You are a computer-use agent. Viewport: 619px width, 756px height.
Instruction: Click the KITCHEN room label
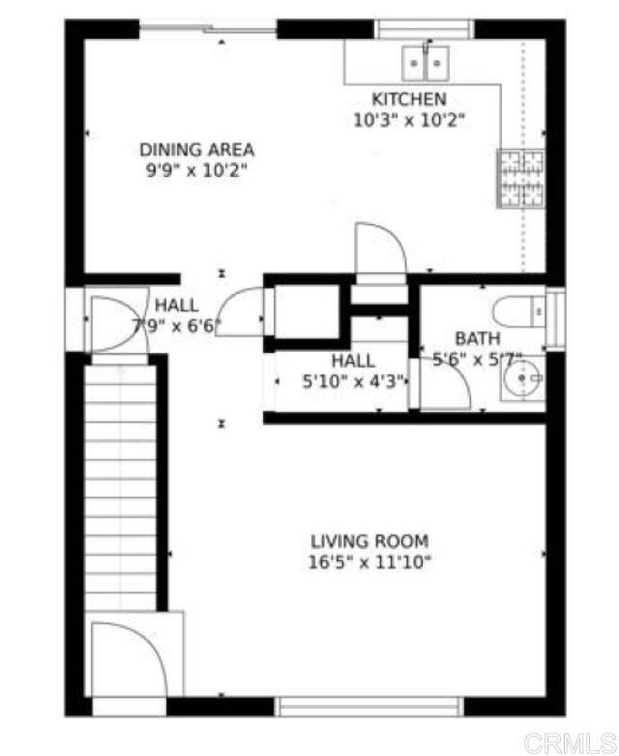click(x=409, y=100)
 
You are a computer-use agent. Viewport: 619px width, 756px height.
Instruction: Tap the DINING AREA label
click(x=197, y=150)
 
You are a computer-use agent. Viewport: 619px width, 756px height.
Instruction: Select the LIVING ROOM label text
click(x=369, y=541)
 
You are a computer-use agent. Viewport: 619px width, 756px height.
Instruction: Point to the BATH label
click(x=478, y=338)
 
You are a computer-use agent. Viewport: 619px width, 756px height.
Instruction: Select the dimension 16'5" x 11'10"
click(x=369, y=563)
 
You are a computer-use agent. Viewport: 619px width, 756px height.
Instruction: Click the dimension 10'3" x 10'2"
click(x=409, y=120)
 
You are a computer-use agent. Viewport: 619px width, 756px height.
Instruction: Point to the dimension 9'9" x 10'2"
click(x=197, y=170)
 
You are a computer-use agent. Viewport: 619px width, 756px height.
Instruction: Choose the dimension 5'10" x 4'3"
click(x=353, y=381)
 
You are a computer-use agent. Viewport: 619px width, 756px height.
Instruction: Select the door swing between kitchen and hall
click(x=380, y=249)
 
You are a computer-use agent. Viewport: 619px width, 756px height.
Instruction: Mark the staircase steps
click(x=120, y=483)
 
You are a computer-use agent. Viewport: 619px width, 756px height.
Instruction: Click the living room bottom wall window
click(x=370, y=706)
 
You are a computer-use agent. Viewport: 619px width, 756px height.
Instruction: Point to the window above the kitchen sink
click(x=426, y=29)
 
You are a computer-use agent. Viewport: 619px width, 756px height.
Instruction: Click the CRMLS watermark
click(x=577, y=742)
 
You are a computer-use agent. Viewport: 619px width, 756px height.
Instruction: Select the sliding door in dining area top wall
click(x=208, y=29)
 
